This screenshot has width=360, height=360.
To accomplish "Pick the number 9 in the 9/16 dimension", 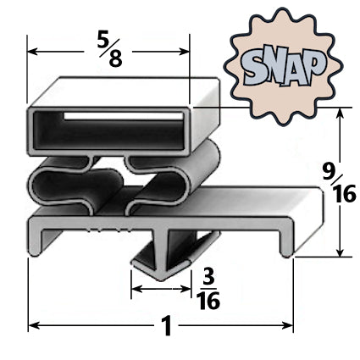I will [327, 174].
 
